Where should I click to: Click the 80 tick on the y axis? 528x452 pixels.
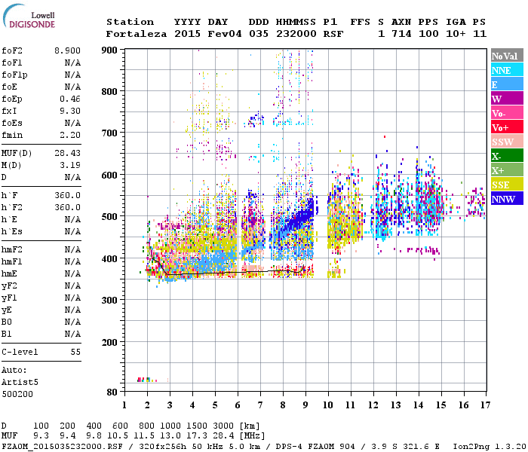pyautogui.click(x=112, y=392)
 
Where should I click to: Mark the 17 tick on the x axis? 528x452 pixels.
pyautogui.click(x=483, y=405)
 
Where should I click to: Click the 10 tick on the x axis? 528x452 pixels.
pyautogui.click(x=327, y=405)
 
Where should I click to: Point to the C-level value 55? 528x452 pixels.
pyautogui.click(x=75, y=352)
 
